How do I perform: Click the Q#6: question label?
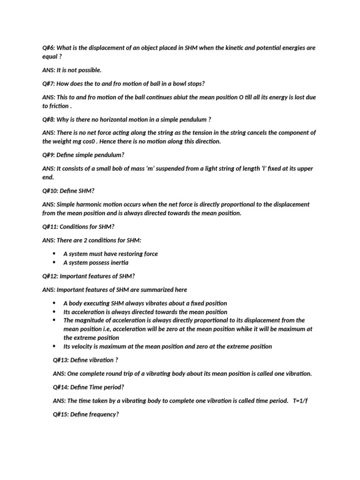pos(48,48)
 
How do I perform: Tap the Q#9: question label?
pos(48,155)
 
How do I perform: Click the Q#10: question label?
pos(50,191)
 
